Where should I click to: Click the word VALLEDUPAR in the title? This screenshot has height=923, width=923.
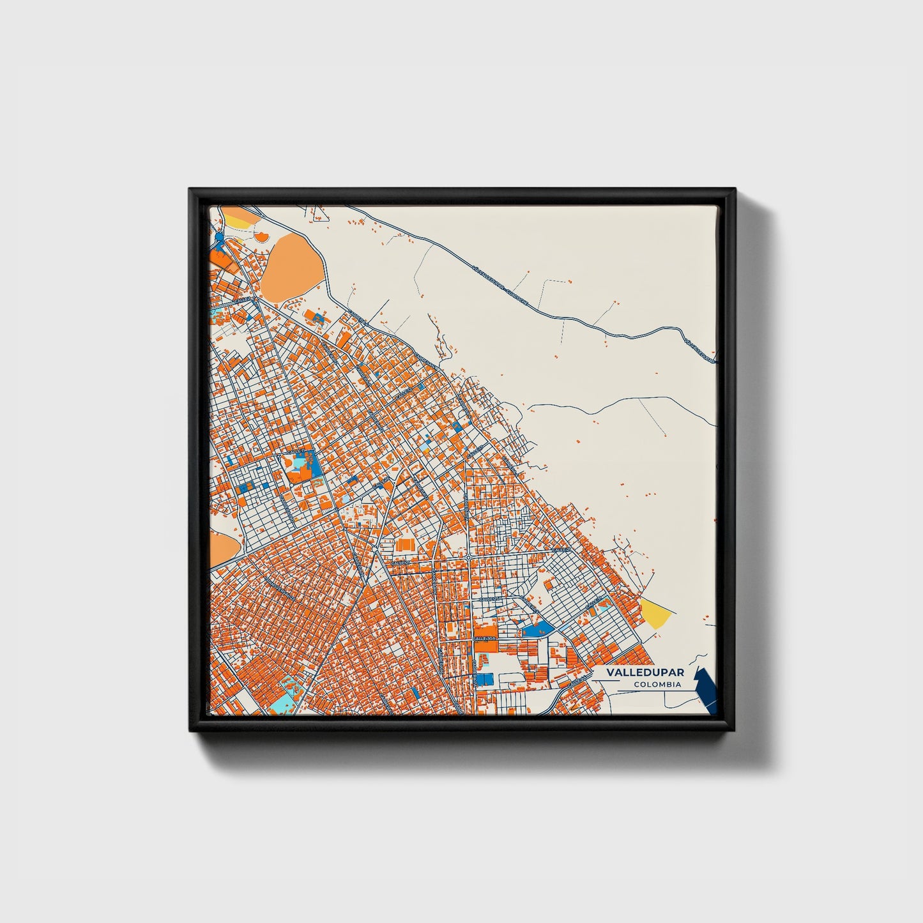click(645, 673)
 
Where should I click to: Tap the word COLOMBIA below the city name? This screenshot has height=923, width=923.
click(657, 685)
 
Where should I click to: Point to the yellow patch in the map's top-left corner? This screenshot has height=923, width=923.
click(238, 221)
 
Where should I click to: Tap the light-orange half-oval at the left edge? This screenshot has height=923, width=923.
click(222, 547)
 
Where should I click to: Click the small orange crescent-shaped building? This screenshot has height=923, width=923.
click(261, 238)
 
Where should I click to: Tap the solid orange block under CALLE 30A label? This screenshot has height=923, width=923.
click(485, 646)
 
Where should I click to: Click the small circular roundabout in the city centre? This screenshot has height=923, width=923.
click(468, 558)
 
